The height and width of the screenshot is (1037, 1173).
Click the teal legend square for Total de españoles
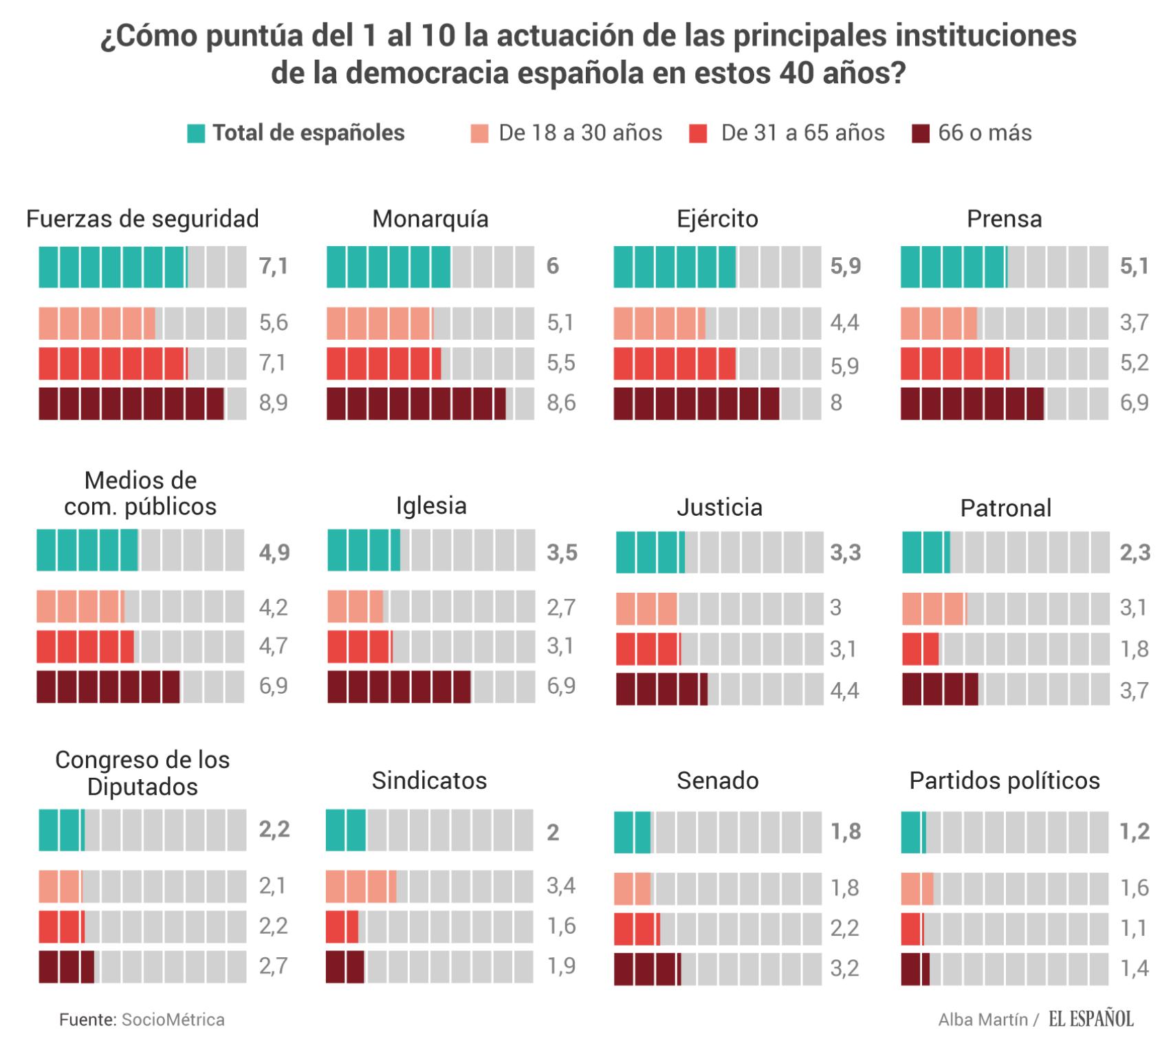pyautogui.click(x=196, y=133)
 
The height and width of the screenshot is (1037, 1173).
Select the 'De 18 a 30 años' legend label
pyautogui.click(x=580, y=133)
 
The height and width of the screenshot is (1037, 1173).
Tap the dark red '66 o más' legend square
pyautogui.click(x=920, y=133)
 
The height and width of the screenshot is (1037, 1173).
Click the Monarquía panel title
pyautogui.click(x=430, y=219)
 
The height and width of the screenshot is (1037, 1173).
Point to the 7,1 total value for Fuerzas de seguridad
pyautogui.click(x=274, y=266)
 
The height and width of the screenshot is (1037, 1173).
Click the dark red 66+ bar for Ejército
pyautogui.click(x=697, y=404)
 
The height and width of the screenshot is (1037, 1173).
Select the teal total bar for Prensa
pyautogui.click(x=954, y=267)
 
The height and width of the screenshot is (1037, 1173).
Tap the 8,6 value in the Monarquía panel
pyautogui.click(x=561, y=403)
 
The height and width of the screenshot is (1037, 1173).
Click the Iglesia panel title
pyautogui.click(x=431, y=506)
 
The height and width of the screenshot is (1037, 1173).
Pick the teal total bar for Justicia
pyautogui.click(x=650, y=552)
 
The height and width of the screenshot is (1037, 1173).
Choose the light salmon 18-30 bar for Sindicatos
pyautogui.click(x=361, y=886)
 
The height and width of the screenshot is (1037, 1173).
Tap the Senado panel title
pyautogui.click(x=718, y=781)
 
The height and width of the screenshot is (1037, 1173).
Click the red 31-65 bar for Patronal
pyautogui.click(x=921, y=648)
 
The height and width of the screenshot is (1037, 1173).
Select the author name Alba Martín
pyautogui.click(x=983, y=1019)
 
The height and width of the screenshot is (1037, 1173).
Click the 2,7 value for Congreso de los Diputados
pyautogui.click(x=273, y=966)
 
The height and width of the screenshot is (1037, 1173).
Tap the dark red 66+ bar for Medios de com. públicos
pyautogui.click(x=108, y=686)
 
